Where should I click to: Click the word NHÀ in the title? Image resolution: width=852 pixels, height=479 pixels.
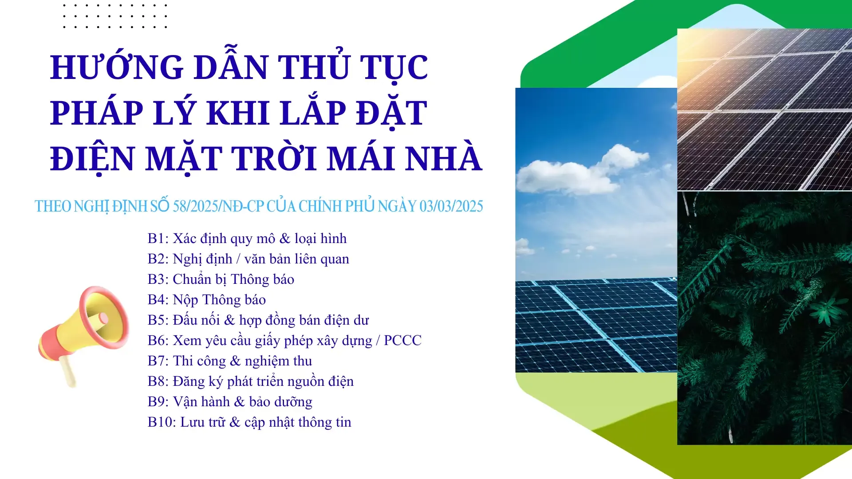pyautogui.click(x=443, y=158)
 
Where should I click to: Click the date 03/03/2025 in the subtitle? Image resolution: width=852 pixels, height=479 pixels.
pyautogui.click(x=451, y=206)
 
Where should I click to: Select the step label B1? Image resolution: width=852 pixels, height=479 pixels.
pyautogui.click(x=158, y=239)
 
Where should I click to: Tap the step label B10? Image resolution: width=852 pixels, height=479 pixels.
pyautogui.click(x=162, y=422)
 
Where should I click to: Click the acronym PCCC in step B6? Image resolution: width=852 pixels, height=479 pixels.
pyautogui.click(x=402, y=341)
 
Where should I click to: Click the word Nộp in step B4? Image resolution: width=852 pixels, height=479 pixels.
pyautogui.click(x=185, y=300)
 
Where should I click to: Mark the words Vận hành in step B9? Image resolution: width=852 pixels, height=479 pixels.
pyautogui.click(x=201, y=402)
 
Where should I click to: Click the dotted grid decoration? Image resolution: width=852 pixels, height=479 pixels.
pyautogui.click(x=115, y=16)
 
